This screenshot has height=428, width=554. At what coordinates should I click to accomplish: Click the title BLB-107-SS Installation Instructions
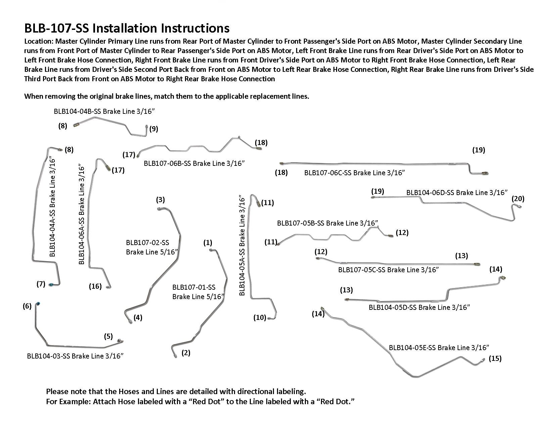pos(127,28)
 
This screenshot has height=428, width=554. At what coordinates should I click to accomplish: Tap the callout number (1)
pos(208,242)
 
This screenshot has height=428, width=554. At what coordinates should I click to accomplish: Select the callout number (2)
pos(186,353)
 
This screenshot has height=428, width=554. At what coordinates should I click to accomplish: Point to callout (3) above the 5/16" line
pos(160,200)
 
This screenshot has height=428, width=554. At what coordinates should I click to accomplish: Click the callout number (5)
pos(108,336)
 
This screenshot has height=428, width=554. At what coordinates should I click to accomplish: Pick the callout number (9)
pos(153,129)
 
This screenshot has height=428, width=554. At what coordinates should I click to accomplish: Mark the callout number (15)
pos(495,359)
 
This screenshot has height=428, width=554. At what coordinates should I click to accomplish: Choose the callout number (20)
pos(518,198)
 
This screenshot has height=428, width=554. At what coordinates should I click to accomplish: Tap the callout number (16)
pos(95,286)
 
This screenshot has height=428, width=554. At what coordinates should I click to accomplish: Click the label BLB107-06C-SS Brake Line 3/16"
pos(355,173)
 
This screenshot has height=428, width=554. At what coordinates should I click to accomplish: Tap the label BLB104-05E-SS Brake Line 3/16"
pos(439,348)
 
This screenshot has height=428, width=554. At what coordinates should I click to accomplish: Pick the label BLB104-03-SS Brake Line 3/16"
pos(75,356)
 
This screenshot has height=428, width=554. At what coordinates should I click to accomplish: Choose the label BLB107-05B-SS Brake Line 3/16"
pos(327,223)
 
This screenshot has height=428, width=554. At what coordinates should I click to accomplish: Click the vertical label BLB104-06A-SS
pos(82,214)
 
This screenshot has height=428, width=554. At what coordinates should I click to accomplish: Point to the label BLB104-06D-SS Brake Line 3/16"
pos(457,193)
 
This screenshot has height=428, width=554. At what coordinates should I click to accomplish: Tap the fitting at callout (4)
pos(130,322)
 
